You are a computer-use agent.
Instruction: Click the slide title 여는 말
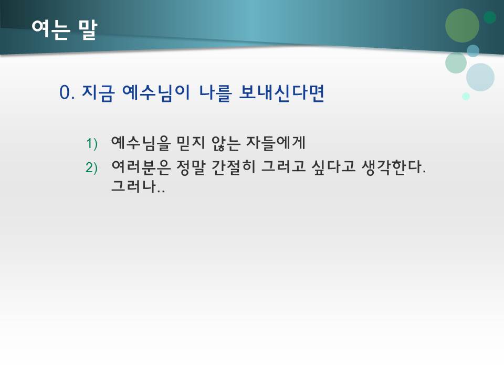[64, 29]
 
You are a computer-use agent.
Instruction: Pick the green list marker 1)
[92, 143]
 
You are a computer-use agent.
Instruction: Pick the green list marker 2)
[92, 167]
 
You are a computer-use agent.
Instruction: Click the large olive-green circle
[462, 25]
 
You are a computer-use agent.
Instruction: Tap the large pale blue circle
[480, 77]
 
